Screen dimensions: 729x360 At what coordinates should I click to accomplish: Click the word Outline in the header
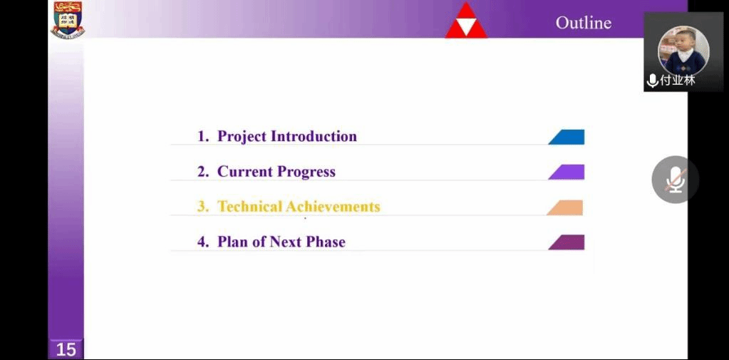[x=584, y=23]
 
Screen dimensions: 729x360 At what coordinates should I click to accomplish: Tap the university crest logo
[x=68, y=19]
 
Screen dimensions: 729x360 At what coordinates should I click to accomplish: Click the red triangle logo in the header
[x=466, y=20]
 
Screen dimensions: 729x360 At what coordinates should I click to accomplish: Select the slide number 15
[x=66, y=349]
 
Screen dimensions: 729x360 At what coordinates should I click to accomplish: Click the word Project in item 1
[x=242, y=137]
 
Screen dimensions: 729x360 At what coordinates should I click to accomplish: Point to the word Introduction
[x=314, y=136]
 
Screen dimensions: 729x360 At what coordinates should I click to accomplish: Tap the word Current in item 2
[x=245, y=172]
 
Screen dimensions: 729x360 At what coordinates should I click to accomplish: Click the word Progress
[x=306, y=172]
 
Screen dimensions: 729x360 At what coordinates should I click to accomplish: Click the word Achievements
[x=333, y=207]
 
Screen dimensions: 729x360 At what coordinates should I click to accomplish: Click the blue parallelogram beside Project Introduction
[x=567, y=137]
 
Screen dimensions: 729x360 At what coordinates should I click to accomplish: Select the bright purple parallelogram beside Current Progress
[x=567, y=172]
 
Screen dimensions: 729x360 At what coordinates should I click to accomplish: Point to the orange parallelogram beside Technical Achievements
[x=565, y=207]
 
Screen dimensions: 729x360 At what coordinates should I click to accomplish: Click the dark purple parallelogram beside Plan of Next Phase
[x=567, y=242]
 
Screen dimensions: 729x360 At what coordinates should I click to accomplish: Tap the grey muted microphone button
[x=675, y=180]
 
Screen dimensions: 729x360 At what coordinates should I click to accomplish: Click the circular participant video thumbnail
[x=683, y=50]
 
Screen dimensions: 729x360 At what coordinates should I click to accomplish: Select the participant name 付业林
[x=678, y=80]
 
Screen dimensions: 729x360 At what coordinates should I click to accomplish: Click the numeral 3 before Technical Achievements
[x=201, y=207]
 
